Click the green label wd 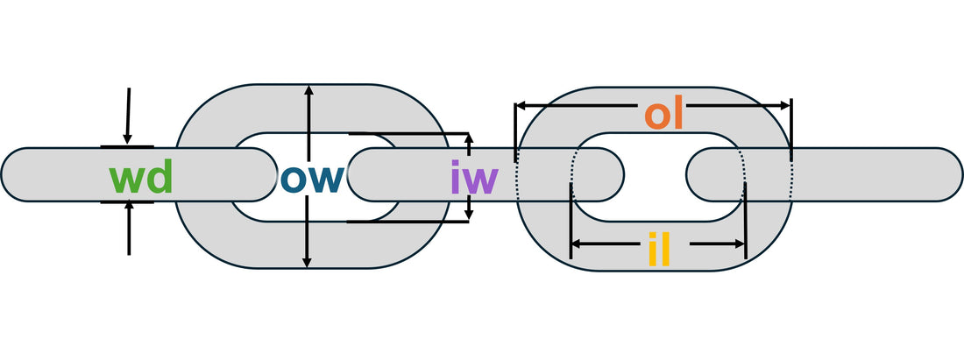(140, 178)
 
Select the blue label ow (314, 178)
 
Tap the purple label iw (474, 179)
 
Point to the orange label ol (663, 115)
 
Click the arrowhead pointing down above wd (128, 138)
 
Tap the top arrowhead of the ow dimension (307, 92)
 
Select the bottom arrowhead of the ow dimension (307, 262)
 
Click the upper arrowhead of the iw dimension (469, 138)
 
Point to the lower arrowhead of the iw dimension (469, 215)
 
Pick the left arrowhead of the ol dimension (521, 105)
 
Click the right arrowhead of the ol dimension (786, 105)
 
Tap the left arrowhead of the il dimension (576, 244)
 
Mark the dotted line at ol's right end (791, 171)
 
